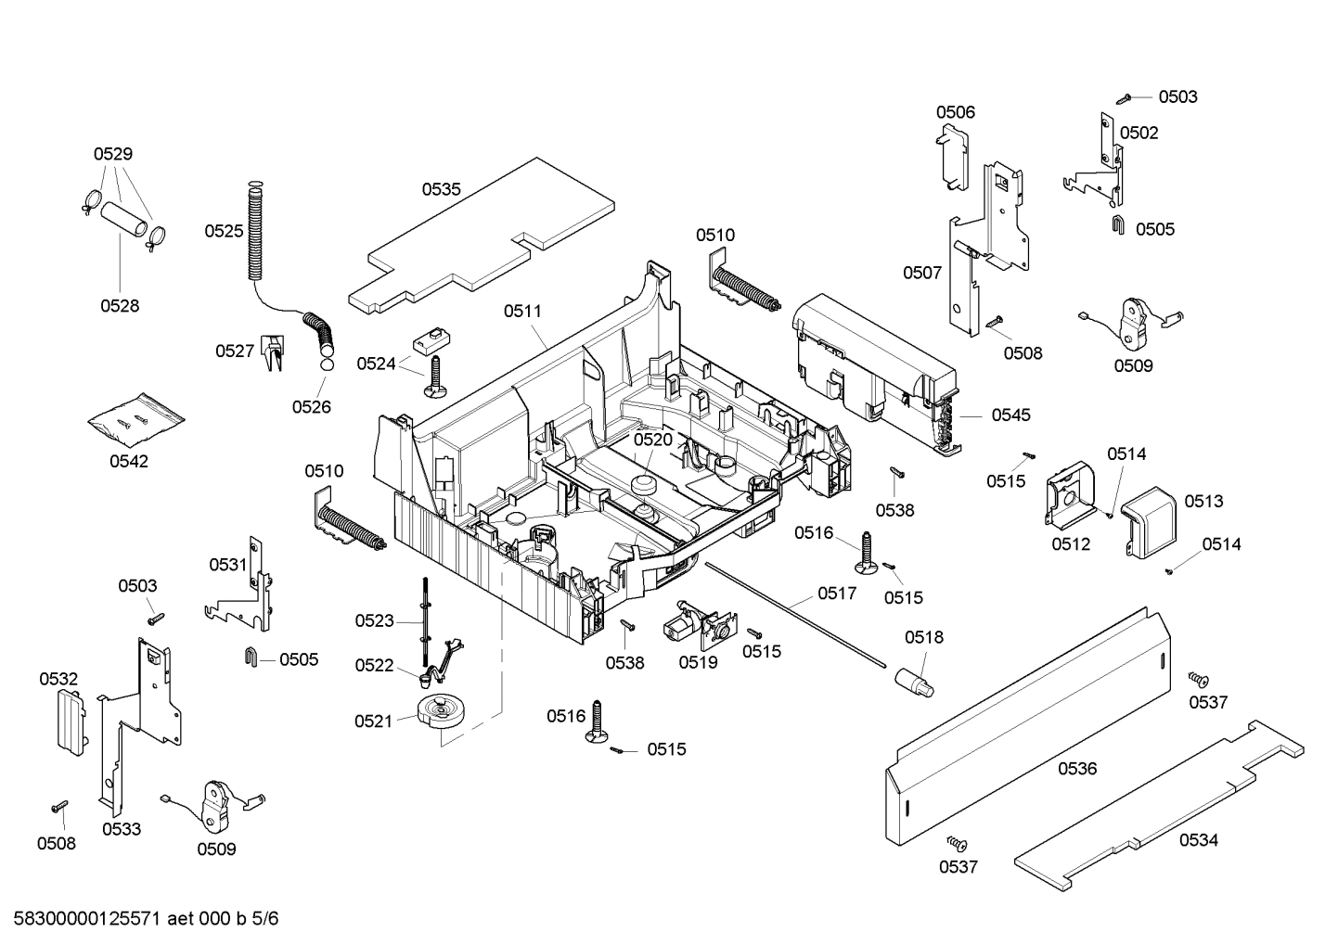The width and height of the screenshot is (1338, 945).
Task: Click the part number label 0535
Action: click(441, 189)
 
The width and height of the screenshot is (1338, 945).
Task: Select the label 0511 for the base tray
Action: click(522, 312)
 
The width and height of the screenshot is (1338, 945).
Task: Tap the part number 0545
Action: click(1010, 415)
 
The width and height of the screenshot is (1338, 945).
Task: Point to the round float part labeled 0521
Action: click(439, 712)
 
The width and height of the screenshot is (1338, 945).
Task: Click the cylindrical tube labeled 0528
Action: click(125, 220)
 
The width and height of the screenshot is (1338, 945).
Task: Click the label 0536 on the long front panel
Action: click(1076, 769)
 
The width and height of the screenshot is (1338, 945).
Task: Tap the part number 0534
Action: click(1199, 840)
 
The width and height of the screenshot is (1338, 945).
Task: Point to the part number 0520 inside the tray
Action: click(652, 440)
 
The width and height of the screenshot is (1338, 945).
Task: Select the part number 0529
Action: click(112, 154)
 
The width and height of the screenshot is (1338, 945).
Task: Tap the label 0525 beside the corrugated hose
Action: click(224, 231)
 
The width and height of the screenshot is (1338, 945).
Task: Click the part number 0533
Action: click(122, 829)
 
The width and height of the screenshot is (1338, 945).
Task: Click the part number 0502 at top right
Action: click(1139, 133)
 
